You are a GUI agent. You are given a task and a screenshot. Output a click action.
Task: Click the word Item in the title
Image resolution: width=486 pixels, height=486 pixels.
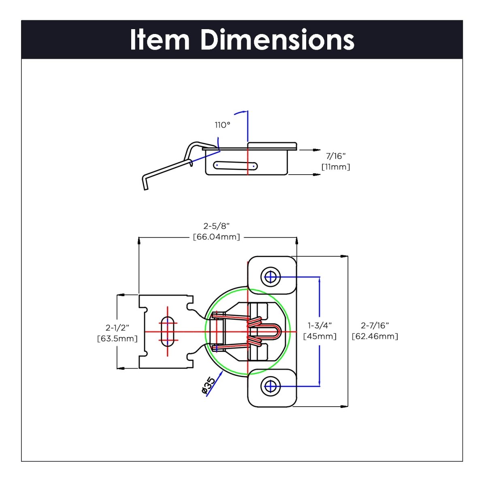160,40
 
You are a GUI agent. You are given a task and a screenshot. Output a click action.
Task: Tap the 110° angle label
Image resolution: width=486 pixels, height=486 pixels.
222,125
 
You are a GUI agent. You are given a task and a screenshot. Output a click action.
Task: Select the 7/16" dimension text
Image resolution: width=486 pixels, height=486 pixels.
336,156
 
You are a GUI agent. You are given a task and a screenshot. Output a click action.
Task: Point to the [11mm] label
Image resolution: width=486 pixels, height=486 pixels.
336,167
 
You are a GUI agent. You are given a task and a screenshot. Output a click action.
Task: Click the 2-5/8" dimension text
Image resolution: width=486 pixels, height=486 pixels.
216,226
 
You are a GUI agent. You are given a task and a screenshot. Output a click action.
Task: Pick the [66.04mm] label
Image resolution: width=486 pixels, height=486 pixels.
216,237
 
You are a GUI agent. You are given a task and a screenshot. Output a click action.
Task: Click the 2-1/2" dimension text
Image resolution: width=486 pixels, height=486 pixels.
117,327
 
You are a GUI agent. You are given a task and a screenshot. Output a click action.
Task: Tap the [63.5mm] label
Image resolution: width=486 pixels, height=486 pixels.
117,339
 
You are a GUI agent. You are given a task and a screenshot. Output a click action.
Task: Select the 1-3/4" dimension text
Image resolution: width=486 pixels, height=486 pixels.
320,325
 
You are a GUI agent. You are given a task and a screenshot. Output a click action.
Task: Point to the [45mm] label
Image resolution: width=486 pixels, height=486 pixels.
320,337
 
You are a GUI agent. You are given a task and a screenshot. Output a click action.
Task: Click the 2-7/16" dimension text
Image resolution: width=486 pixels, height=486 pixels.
375,325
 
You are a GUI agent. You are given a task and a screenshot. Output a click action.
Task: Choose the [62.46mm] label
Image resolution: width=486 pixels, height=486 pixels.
375,337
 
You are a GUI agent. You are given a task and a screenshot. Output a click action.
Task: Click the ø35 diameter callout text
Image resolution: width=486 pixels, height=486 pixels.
208,386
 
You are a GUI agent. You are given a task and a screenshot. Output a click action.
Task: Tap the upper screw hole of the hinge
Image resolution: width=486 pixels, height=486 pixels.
270,277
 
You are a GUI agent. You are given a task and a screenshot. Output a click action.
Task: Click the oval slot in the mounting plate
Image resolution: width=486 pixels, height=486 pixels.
168,332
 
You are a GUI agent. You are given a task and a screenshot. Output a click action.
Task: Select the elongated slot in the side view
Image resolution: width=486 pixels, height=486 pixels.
235,165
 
